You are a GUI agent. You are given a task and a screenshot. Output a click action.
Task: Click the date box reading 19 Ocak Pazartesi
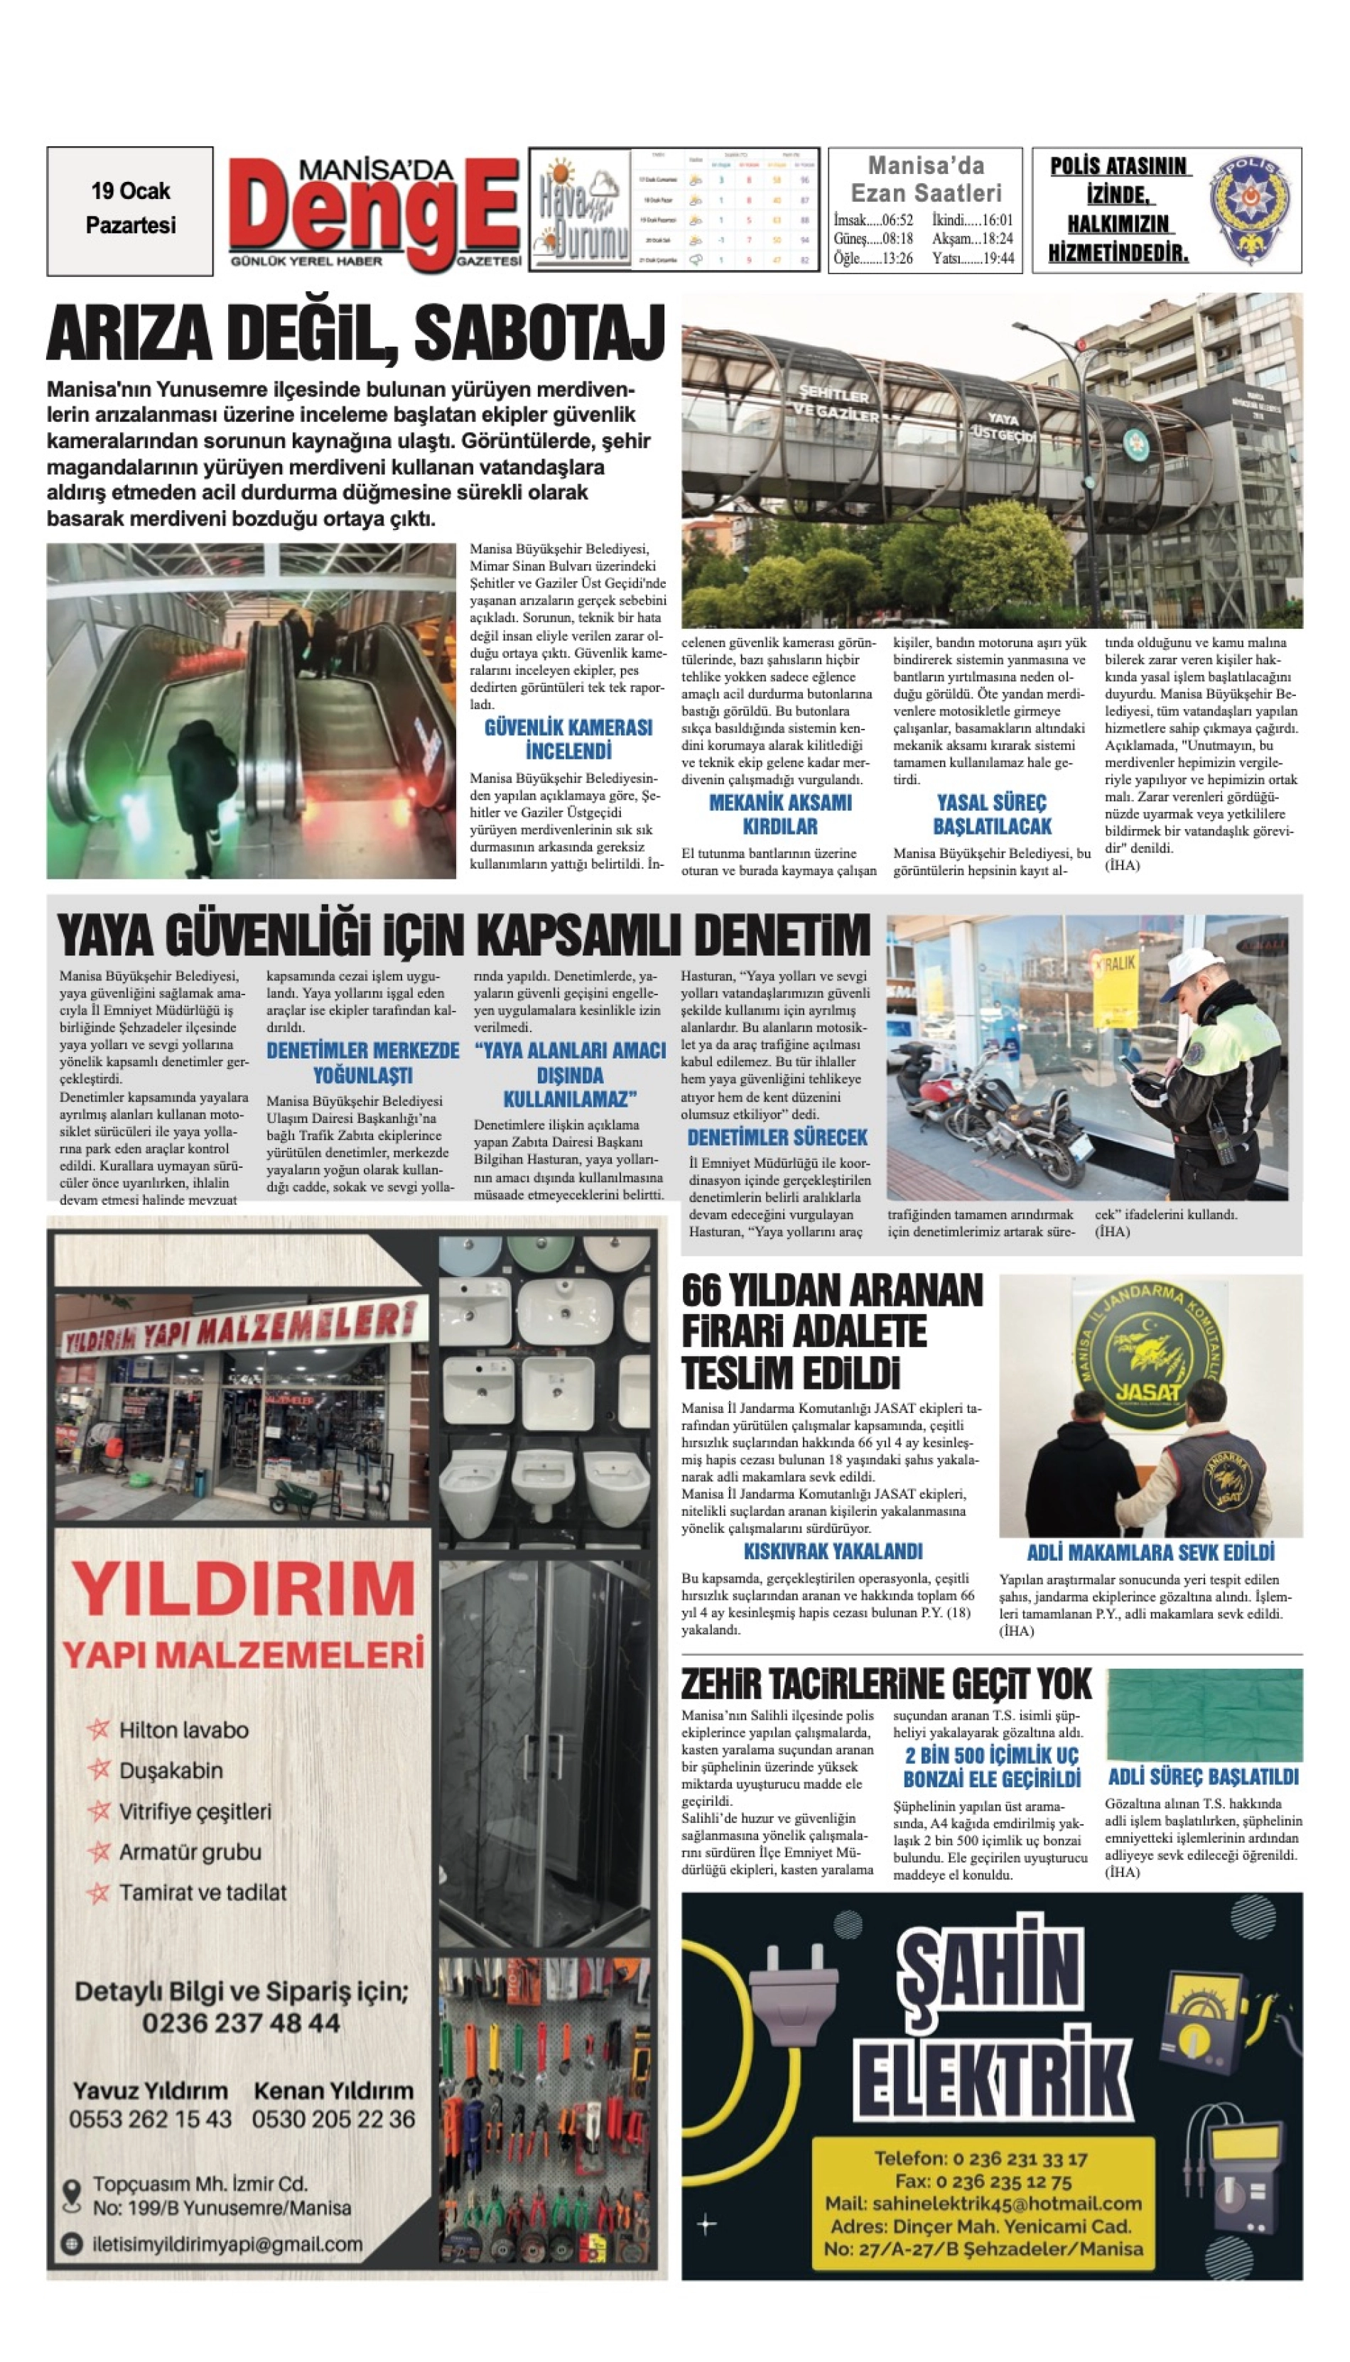click(x=130, y=210)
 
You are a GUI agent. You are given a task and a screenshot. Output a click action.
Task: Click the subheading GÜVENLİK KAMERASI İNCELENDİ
click(x=568, y=739)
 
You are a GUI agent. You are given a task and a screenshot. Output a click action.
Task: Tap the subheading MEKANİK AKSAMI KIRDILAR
click(x=779, y=814)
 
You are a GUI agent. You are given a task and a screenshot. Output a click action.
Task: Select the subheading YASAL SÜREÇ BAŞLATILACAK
click(x=991, y=814)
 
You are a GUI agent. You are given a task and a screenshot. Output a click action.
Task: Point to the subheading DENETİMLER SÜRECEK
click(x=777, y=1137)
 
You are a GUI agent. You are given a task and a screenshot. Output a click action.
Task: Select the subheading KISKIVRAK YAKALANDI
click(x=833, y=1551)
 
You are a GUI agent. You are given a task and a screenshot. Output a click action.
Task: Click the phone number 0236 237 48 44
click(x=241, y=2022)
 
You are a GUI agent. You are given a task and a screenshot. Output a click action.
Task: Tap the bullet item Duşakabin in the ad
click(x=171, y=1770)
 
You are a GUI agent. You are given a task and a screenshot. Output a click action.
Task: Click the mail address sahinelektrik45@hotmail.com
click(x=983, y=2204)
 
